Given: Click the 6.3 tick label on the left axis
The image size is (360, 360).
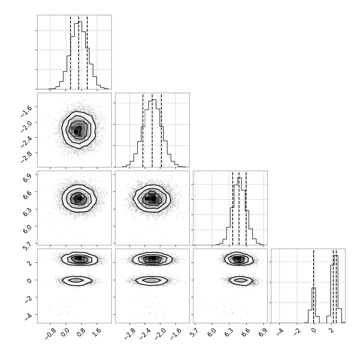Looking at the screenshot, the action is tap(27, 212).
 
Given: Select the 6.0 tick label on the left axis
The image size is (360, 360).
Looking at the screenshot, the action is tap(27, 229).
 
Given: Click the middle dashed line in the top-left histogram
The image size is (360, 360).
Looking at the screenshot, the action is tap(79, 52).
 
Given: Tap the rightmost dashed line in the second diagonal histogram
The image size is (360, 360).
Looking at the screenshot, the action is tap(161, 130).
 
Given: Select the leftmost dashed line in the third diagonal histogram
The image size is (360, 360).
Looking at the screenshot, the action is tap(233, 208).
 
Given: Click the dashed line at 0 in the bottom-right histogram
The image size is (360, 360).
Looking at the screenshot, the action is tap(314, 286).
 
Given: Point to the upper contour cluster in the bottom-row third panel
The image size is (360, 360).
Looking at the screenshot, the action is tap(239, 259).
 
